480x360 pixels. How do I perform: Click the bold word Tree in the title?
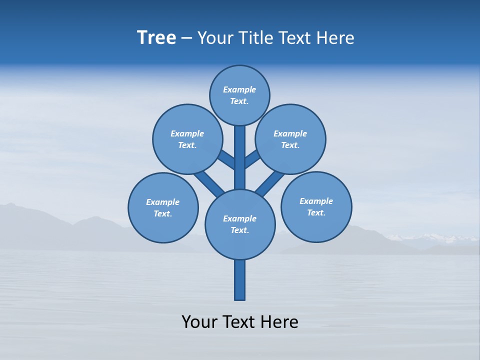156,38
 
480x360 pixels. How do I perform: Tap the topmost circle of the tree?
239,95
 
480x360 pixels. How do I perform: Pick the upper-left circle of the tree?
187,139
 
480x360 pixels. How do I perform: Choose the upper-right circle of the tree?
290,139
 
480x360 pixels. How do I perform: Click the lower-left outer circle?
163,207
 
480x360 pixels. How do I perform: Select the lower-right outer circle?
316,206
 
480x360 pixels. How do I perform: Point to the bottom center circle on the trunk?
240,224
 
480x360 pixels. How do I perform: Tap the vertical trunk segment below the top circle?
240,150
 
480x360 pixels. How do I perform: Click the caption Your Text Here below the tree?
240,322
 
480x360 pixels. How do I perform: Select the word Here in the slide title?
335,38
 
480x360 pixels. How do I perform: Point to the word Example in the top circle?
239,89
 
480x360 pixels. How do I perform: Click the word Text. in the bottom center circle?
239,230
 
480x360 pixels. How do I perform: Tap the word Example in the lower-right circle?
316,201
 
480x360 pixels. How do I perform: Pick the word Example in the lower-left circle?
162,202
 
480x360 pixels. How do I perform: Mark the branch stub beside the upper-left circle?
226,159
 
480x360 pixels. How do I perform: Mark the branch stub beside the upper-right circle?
252,159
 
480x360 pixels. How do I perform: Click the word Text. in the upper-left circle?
187,145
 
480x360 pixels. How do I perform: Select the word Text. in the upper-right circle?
290,145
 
